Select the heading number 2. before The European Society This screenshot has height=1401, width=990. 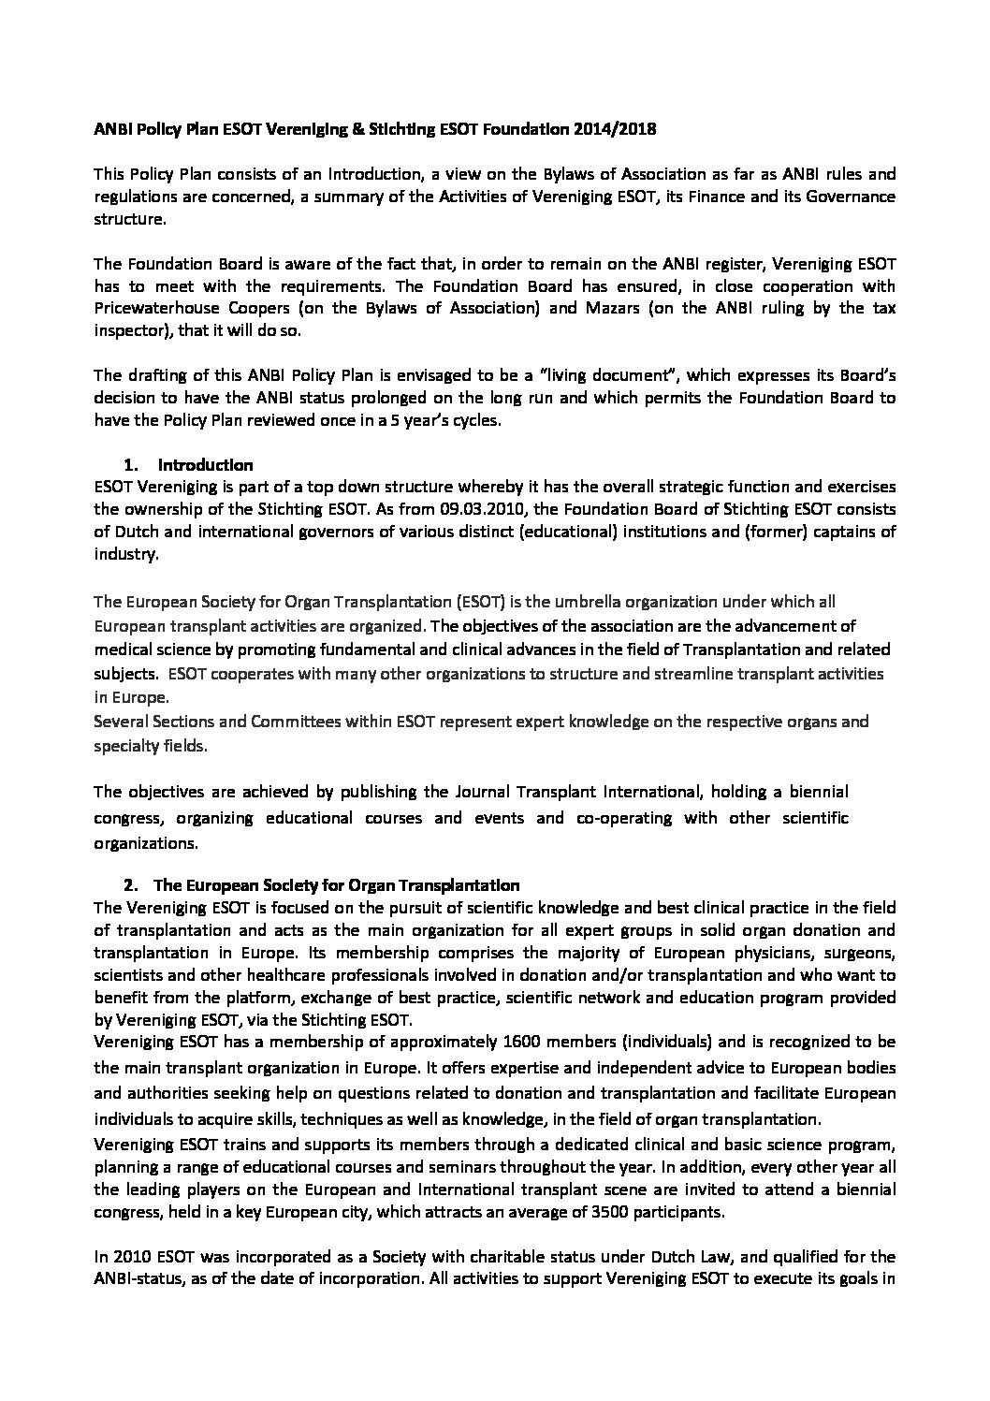point(131,884)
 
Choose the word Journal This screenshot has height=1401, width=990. point(453,793)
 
